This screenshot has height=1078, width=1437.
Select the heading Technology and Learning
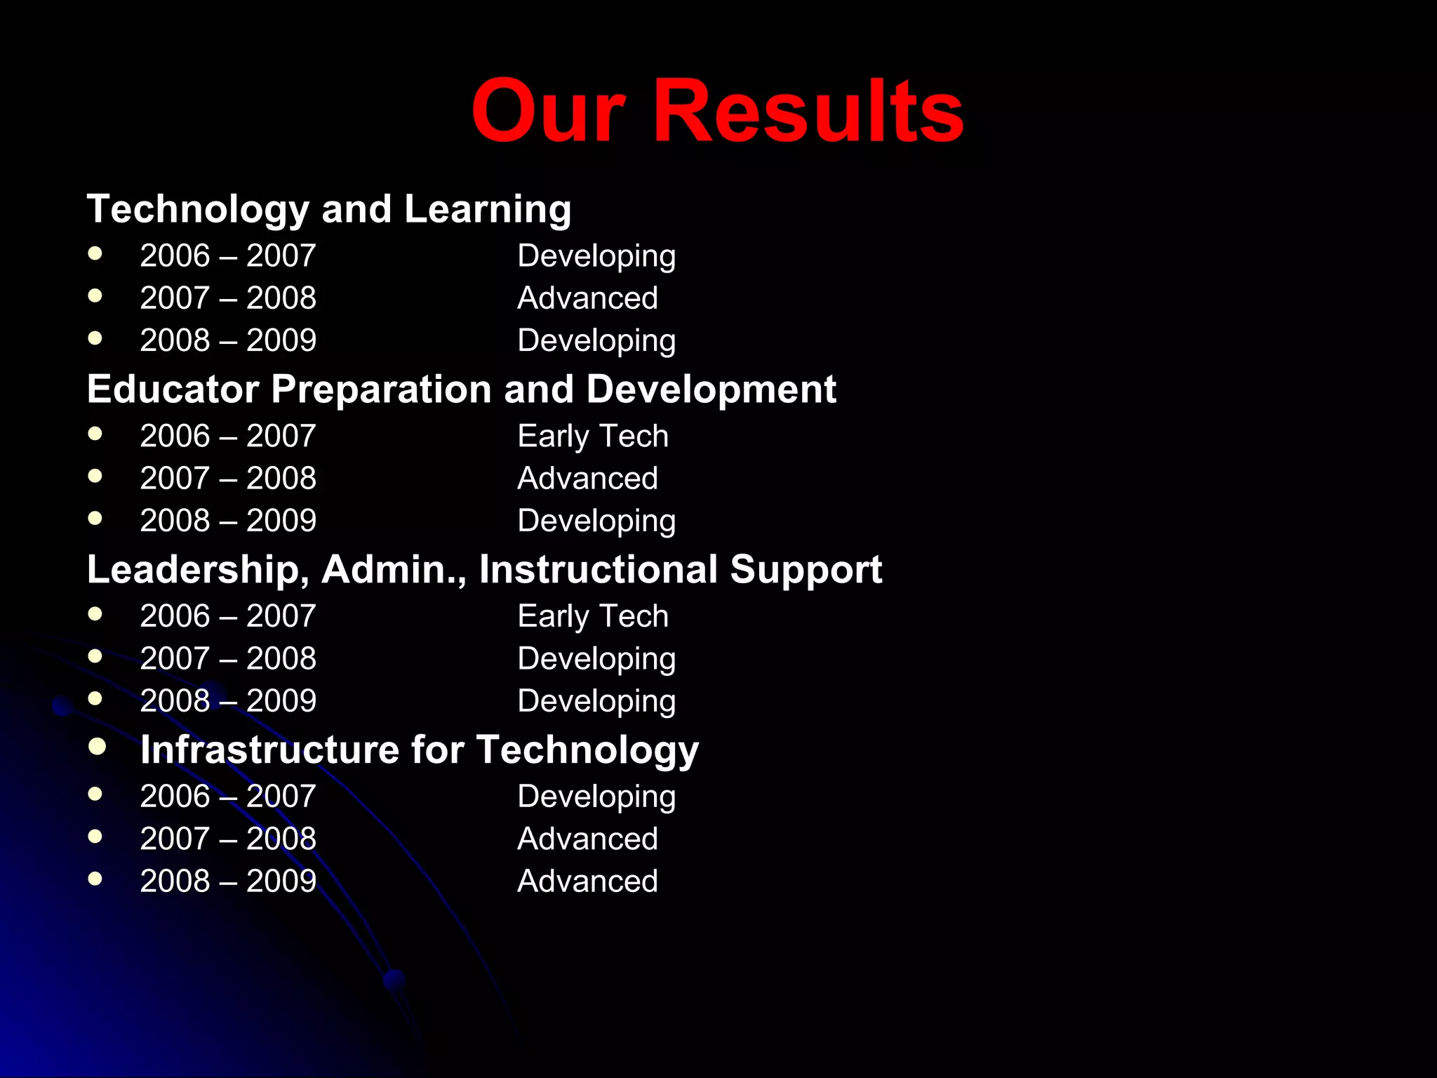click(x=328, y=209)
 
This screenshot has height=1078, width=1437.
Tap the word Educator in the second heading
click(x=173, y=390)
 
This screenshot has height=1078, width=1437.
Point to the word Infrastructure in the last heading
click(x=269, y=750)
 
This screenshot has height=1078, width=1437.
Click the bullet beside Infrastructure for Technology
click(x=97, y=746)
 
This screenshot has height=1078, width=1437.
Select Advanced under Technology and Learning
click(x=587, y=298)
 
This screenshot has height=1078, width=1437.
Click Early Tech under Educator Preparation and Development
click(x=592, y=436)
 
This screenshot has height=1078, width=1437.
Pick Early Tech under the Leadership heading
click(x=592, y=616)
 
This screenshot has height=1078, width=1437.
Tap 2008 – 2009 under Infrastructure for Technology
click(x=228, y=881)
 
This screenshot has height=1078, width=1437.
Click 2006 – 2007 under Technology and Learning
click(x=228, y=255)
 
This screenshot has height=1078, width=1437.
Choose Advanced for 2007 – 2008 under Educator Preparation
click(x=587, y=479)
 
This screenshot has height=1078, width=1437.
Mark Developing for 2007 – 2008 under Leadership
click(x=596, y=659)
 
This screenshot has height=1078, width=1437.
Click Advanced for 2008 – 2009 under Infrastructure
click(x=587, y=881)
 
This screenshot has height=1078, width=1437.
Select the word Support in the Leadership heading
click(x=806, y=569)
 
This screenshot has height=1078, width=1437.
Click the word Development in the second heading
click(x=711, y=390)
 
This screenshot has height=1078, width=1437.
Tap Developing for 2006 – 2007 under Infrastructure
click(x=596, y=797)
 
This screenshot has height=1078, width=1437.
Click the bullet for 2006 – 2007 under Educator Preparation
click(x=95, y=434)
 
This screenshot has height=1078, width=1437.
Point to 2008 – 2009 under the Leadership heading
click(x=228, y=700)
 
